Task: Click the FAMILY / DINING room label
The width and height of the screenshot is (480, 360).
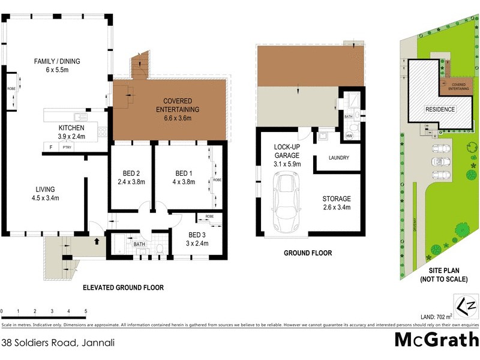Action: [x=57, y=65]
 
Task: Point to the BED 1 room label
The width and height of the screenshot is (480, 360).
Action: [x=183, y=178]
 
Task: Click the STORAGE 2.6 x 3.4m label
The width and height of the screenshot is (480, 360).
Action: [x=336, y=203]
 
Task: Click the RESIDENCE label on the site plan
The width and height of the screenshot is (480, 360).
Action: [x=440, y=109]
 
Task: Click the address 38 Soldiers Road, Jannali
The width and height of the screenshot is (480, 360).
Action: [x=58, y=343]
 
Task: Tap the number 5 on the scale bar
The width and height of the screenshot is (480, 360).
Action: [x=86, y=311]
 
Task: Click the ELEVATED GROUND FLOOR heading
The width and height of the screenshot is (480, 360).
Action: [x=123, y=287]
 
